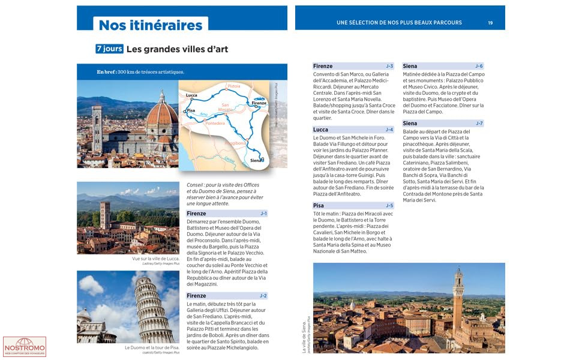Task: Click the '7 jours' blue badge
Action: click(109, 49)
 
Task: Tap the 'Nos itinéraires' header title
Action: click(151, 25)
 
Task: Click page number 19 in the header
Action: click(490, 23)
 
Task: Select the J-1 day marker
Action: click(263, 214)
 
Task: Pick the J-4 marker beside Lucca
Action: click(389, 130)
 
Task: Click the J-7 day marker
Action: click(479, 124)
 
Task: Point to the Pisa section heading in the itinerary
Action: click(319, 206)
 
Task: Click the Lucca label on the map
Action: click(191, 95)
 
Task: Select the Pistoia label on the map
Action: click(233, 86)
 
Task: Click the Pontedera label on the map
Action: click(215, 123)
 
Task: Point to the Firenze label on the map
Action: click(259, 103)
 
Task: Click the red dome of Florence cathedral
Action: click(161, 114)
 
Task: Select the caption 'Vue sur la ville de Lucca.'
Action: click(155, 259)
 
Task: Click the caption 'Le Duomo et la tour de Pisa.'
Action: click(152, 347)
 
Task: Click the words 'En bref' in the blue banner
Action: click(106, 72)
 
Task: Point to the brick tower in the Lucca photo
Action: click(105, 214)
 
